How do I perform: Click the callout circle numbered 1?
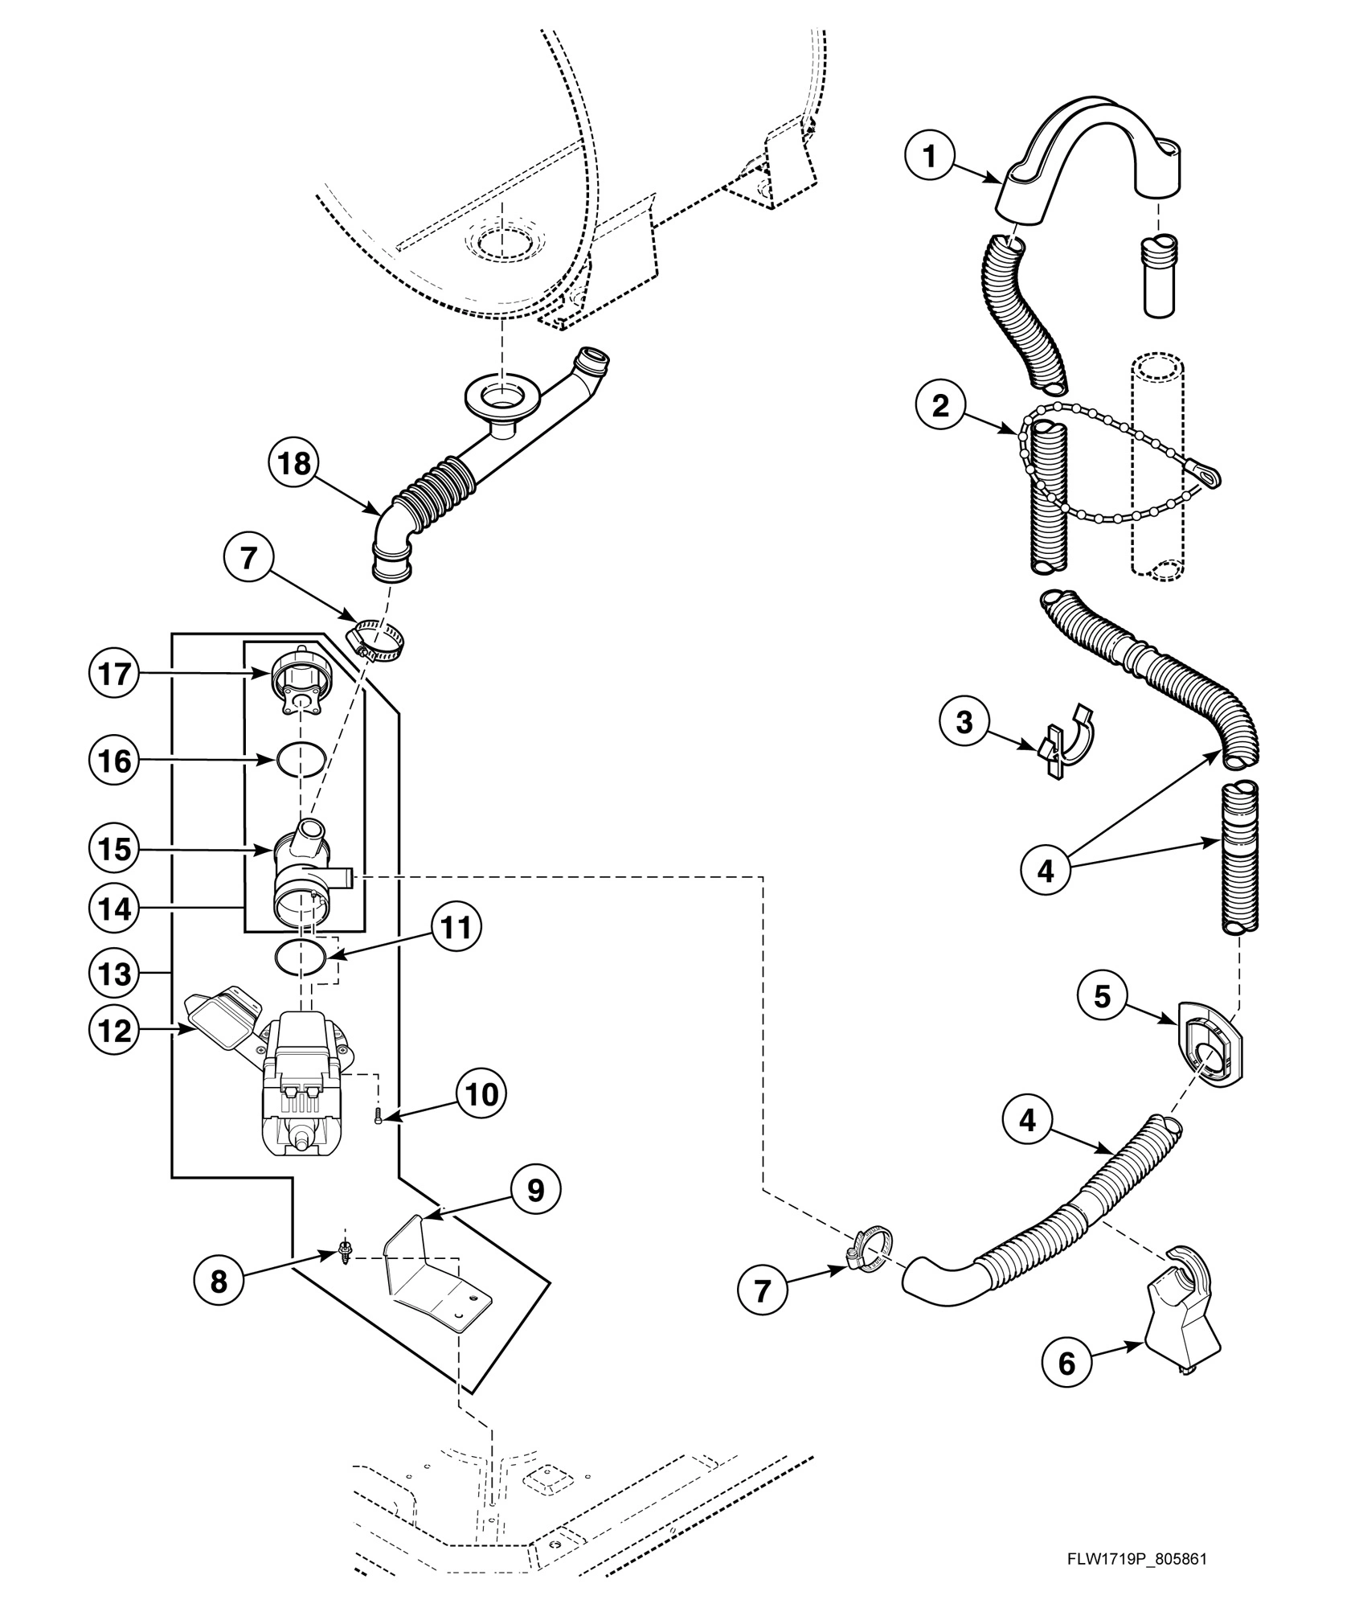930,157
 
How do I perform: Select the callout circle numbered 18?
295,464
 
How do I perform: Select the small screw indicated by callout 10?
377,1117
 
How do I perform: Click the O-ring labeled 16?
301,760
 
